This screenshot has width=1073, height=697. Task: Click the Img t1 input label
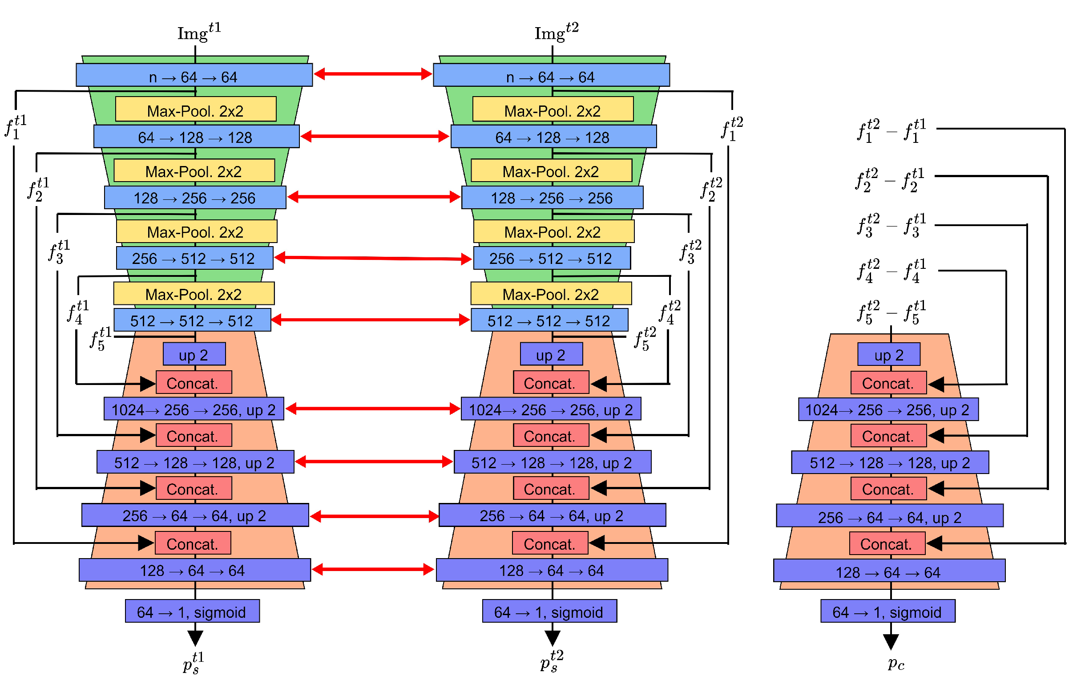198,32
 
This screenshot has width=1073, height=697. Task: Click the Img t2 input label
556,32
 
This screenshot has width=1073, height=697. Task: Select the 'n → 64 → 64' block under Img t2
551,75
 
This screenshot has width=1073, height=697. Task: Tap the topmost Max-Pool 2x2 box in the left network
196,109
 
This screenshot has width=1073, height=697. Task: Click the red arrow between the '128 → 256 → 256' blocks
373,197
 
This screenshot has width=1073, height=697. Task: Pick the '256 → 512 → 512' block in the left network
194,258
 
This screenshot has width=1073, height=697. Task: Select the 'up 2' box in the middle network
551,354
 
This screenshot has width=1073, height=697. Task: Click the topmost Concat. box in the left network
194,383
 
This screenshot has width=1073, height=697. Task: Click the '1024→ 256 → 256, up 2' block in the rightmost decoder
887,409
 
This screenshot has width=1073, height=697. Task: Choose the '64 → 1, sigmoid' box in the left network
192,611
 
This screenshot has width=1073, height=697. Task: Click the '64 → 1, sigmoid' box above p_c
887,611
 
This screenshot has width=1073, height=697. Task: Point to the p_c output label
896,663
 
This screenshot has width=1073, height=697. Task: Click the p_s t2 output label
551,661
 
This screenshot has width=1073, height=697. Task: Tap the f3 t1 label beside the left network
59,252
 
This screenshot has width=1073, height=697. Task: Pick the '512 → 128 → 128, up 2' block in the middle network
552,462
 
